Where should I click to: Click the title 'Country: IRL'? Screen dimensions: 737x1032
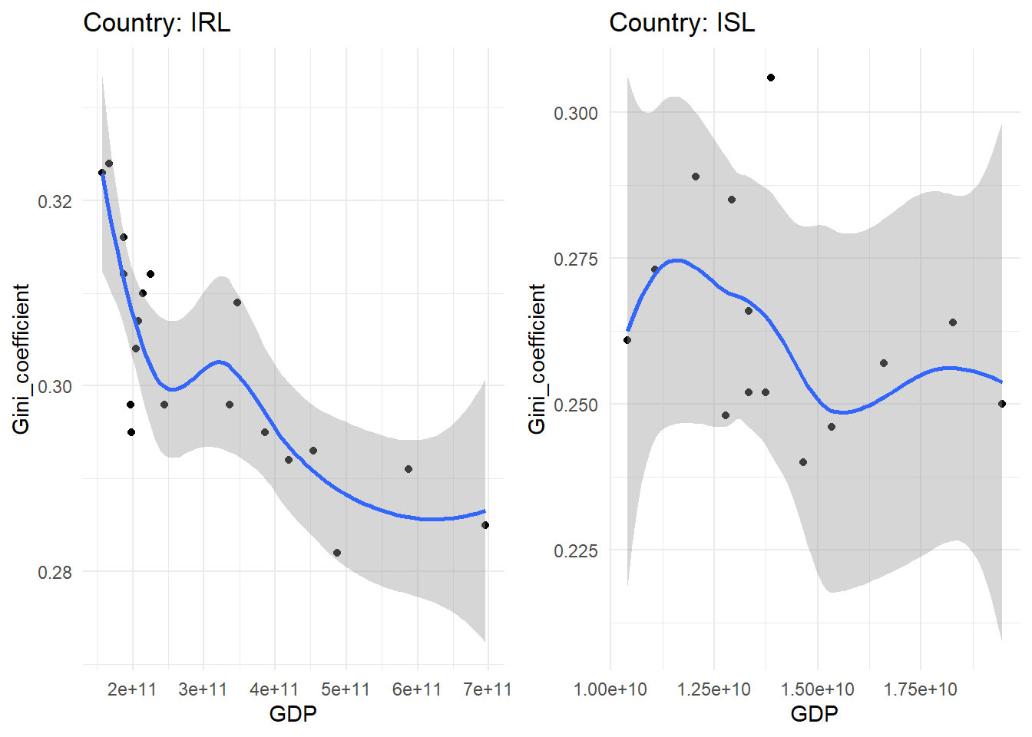click(157, 23)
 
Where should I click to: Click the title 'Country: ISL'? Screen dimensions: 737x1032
click(682, 23)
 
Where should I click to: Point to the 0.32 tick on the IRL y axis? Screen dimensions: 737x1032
click(55, 202)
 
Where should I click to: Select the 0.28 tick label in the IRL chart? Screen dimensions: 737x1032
click(55, 573)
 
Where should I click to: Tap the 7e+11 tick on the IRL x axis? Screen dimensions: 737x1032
click(487, 689)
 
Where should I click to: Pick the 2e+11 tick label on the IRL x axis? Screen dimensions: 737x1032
click(132, 689)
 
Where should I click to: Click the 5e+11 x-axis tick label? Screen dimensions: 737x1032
click(346, 689)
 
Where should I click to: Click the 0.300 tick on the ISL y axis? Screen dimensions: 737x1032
click(575, 114)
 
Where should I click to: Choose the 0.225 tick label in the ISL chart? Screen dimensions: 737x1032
click(575, 551)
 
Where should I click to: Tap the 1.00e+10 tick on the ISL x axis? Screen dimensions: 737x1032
click(610, 689)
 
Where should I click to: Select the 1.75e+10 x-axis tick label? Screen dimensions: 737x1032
click(920, 689)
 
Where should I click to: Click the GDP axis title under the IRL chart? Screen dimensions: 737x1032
click(293, 715)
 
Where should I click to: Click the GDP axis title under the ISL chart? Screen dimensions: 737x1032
click(814, 715)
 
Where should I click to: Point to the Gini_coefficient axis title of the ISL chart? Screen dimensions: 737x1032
click(537, 359)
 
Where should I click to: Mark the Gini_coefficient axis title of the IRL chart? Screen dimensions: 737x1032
click(21, 359)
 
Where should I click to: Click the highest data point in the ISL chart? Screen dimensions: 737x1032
click(771, 78)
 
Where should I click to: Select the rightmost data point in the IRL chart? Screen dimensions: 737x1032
click(485, 525)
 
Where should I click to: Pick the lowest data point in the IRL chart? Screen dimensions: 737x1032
click(337, 553)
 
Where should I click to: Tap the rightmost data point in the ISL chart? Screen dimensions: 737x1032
click(1002, 404)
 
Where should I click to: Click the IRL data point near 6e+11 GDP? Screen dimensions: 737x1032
click(408, 469)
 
